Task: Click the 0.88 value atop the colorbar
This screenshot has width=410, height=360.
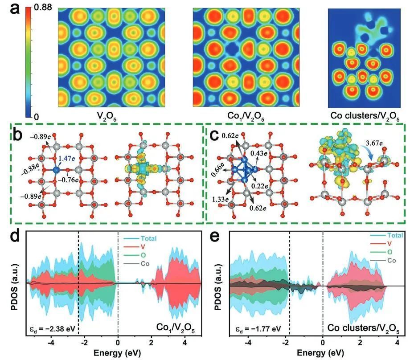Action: (39, 9)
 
